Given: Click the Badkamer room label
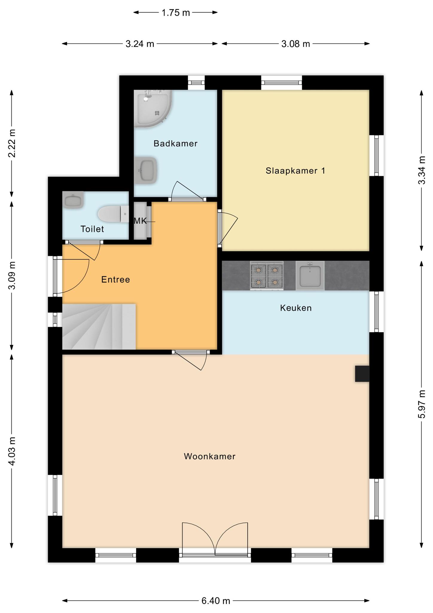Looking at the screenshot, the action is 176,144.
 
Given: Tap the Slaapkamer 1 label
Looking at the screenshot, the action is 295,171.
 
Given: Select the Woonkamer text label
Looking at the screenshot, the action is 210,456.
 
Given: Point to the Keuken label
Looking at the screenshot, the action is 296,308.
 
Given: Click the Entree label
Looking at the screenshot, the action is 116,280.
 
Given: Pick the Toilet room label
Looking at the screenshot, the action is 92,229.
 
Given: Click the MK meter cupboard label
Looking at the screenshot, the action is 140,221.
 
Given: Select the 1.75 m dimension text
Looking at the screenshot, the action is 176,13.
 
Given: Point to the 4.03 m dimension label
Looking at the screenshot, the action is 12,451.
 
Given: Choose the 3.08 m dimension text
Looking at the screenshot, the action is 295,44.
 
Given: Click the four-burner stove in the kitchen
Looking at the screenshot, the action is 267,275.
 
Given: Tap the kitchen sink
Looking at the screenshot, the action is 310,275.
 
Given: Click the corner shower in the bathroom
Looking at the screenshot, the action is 153,109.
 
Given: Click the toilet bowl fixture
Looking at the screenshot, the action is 113,214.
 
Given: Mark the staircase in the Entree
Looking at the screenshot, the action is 99,327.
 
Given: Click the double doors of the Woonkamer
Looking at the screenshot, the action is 215,539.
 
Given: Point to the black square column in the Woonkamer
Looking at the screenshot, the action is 362,374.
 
